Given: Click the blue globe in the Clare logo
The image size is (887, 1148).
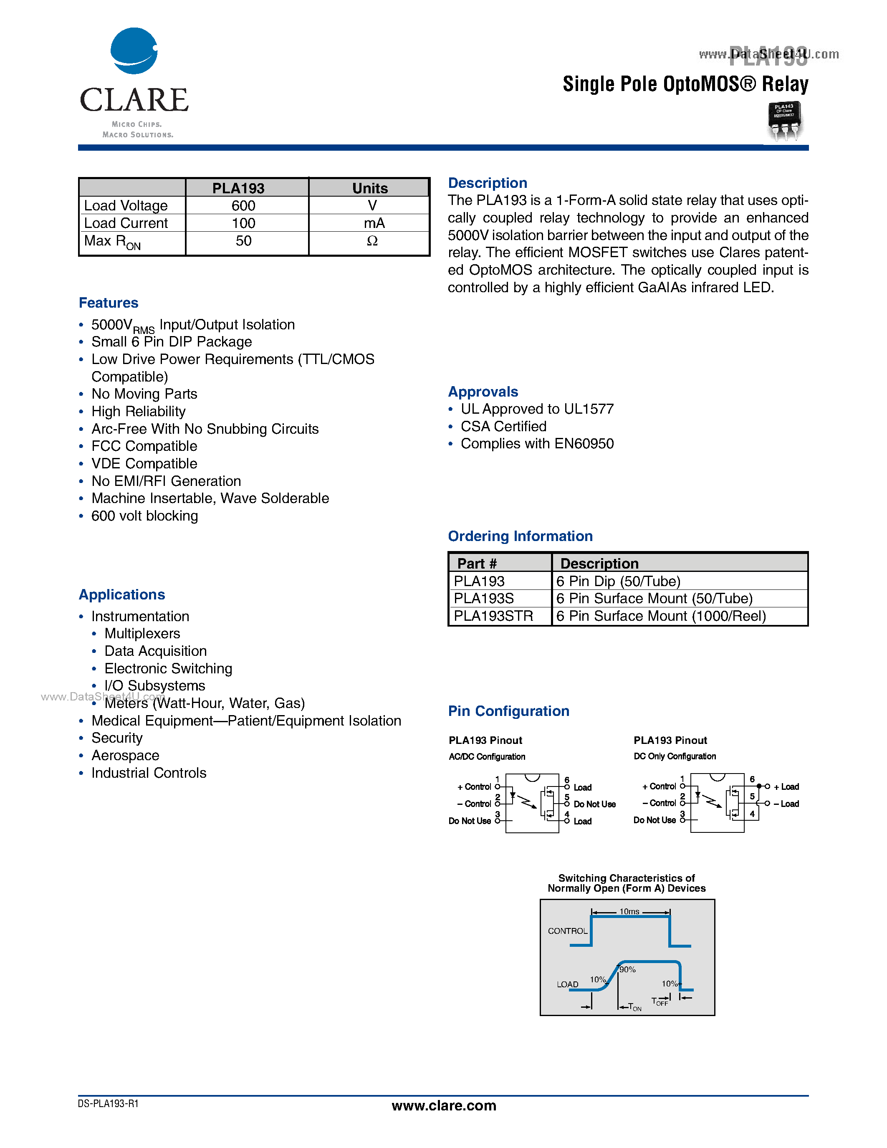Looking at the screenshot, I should pyautogui.click(x=134, y=51).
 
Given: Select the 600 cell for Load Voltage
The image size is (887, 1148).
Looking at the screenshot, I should pyautogui.click(x=243, y=205).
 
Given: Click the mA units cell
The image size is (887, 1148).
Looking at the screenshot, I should pyautogui.click(x=374, y=223).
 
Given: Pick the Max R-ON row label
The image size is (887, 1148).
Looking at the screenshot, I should pyautogui.click(x=112, y=242).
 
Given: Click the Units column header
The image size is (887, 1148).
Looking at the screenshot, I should pyautogui.click(x=369, y=188).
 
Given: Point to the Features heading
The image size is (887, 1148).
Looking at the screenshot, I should pyautogui.click(x=108, y=303).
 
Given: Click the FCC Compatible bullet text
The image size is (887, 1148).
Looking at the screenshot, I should pyautogui.click(x=144, y=446).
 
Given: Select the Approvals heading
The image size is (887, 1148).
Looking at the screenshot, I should pyautogui.click(x=483, y=392).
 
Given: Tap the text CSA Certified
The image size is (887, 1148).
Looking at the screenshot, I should pyautogui.click(x=503, y=426).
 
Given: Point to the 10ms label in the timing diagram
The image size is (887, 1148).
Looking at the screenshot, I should pyautogui.click(x=629, y=911).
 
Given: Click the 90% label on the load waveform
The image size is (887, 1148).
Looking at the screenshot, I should pyautogui.click(x=627, y=969).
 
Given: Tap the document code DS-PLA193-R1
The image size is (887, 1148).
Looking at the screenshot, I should pyautogui.click(x=108, y=1104).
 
